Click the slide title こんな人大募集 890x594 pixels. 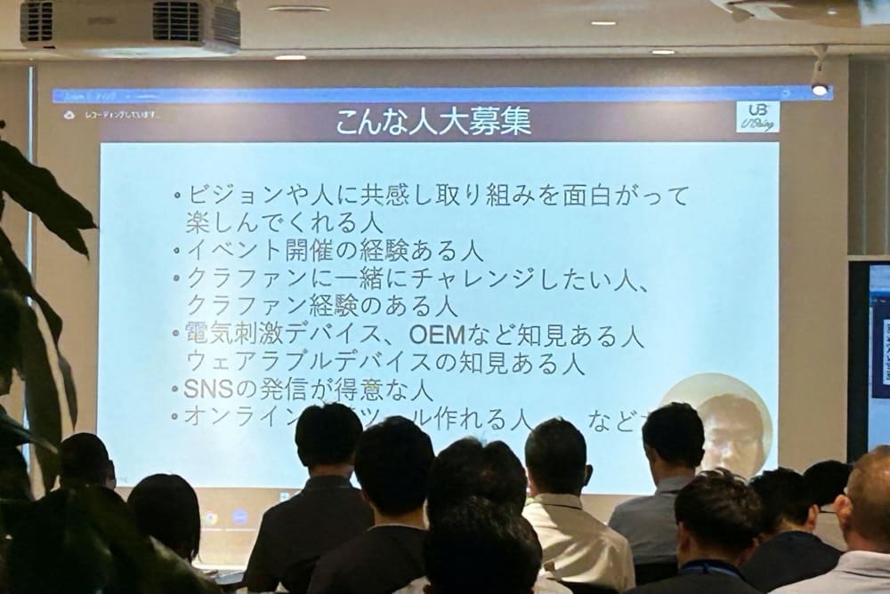tap(433, 121)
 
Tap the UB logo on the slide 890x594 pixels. tap(757, 116)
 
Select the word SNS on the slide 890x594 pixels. tap(206, 389)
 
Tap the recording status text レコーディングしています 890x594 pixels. tap(123, 115)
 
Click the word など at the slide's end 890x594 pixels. tap(611, 418)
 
